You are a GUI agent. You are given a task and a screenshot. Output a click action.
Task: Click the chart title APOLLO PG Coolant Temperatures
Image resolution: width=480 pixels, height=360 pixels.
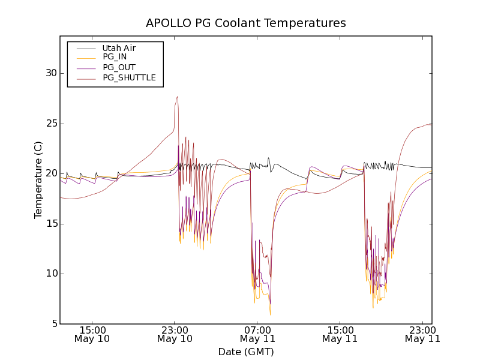246,23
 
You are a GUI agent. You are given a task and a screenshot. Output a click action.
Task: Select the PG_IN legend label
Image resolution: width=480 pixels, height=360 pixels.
115,57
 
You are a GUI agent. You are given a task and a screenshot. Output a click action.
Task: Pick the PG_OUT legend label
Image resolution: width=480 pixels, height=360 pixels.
119,67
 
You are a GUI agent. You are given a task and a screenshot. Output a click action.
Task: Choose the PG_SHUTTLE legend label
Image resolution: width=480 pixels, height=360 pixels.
129,77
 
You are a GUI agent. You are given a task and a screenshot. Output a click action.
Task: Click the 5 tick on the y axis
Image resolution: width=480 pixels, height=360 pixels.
53,324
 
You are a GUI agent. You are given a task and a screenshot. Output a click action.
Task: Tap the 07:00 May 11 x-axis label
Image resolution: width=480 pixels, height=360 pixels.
257,334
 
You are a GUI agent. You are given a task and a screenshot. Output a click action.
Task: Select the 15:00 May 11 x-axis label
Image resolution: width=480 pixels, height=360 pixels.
340,334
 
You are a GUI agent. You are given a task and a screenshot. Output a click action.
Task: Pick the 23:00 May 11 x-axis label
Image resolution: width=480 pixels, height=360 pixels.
422,334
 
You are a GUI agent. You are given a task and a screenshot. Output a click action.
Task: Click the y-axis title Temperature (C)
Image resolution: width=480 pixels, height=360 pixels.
38,179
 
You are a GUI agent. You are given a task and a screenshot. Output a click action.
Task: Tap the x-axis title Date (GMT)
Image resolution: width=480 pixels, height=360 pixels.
246,352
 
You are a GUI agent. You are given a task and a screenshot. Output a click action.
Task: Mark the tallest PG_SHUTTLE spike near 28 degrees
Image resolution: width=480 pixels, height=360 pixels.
178,97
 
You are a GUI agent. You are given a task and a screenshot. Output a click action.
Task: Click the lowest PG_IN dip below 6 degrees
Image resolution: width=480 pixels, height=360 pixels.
270,314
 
